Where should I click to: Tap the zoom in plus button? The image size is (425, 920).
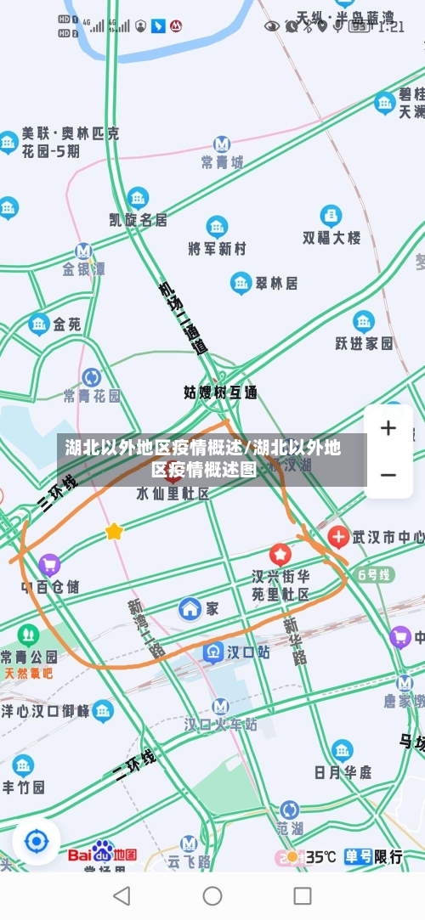(388, 428)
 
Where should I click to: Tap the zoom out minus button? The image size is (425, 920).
(388, 474)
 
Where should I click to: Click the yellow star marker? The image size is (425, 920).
(113, 532)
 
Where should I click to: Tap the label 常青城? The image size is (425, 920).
(222, 161)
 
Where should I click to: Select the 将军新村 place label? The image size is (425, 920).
(217, 248)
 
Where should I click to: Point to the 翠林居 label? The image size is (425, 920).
(275, 283)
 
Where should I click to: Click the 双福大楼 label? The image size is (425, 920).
(331, 237)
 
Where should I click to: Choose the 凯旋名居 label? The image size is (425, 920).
(138, 219)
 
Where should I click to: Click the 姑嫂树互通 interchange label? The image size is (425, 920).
(220, 392)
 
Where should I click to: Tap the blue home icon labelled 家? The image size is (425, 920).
(190, 608)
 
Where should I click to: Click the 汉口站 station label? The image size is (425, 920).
(236, 652)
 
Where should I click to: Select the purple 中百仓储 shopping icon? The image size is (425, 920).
(49, 564)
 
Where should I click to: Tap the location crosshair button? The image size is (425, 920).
(37, 842)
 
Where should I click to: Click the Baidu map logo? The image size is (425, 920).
(103, 853)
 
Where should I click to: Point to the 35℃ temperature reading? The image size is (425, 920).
(320, 856)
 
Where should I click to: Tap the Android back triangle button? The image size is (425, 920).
(122, 895)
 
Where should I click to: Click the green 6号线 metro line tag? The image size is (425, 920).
(374, 574)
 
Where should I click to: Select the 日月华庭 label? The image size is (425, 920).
(343, 771)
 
